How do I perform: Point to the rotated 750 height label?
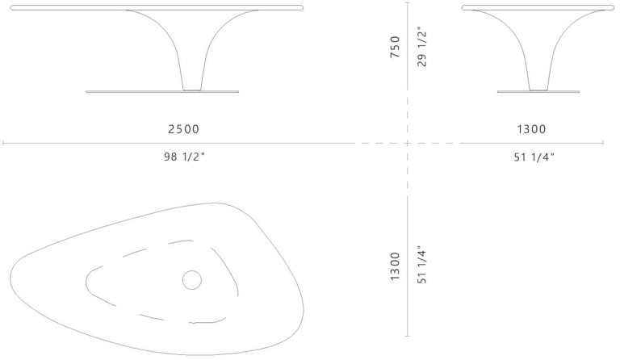[x=395, y=49]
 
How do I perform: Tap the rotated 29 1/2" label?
[x=422, y=49]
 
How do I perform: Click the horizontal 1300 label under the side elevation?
[x=531, y=129]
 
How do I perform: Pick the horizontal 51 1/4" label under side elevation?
[x=533, y=157]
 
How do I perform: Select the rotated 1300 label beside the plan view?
[x=395, y=266]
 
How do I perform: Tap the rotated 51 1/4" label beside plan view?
[x=422, y=266]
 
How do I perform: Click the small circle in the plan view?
[x=191, y=280]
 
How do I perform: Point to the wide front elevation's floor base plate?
[x=162, y=92]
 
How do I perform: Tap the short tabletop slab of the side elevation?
[x=534, y=7]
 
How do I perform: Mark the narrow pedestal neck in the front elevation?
[x=191, y=85]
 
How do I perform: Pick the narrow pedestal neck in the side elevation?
[x=539, y=85]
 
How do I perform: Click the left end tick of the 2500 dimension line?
[x=3, y=144]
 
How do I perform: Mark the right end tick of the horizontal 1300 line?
[x=604, y=144]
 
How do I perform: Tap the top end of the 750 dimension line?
[x=408, y=3]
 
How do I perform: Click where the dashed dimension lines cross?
[x=408, y=144]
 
